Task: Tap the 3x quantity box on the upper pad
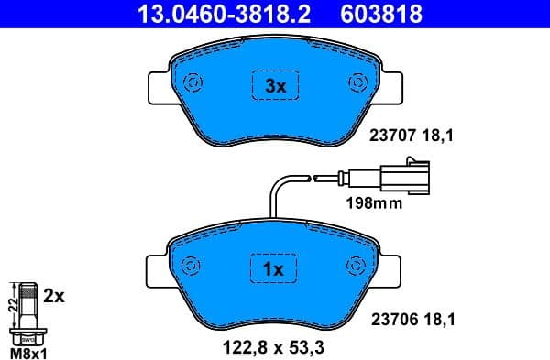click(276, 86)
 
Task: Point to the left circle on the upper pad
click(193, 84)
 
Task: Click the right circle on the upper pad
click(357, 84)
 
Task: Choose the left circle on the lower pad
click(192, 266)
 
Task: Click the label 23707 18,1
click(412, 136)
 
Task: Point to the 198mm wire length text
click(373, 203)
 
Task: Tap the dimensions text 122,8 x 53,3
click(274, 346)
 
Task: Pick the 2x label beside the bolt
click(54, 297)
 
